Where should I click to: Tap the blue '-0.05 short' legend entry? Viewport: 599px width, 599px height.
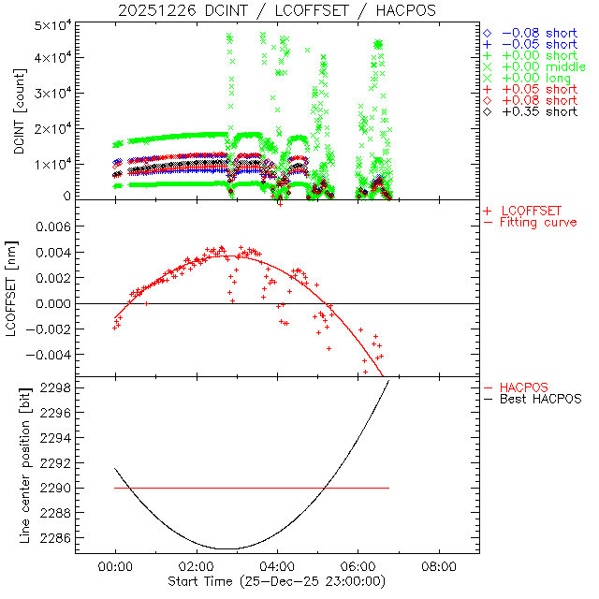pos(536,44)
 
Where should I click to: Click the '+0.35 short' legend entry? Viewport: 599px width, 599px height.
pos(536,111)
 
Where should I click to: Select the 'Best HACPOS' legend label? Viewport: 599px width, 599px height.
pos(541,399)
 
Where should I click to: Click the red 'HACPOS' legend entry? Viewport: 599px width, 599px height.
pos(524,387)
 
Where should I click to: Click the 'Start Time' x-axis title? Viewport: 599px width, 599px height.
pos(276,581)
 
